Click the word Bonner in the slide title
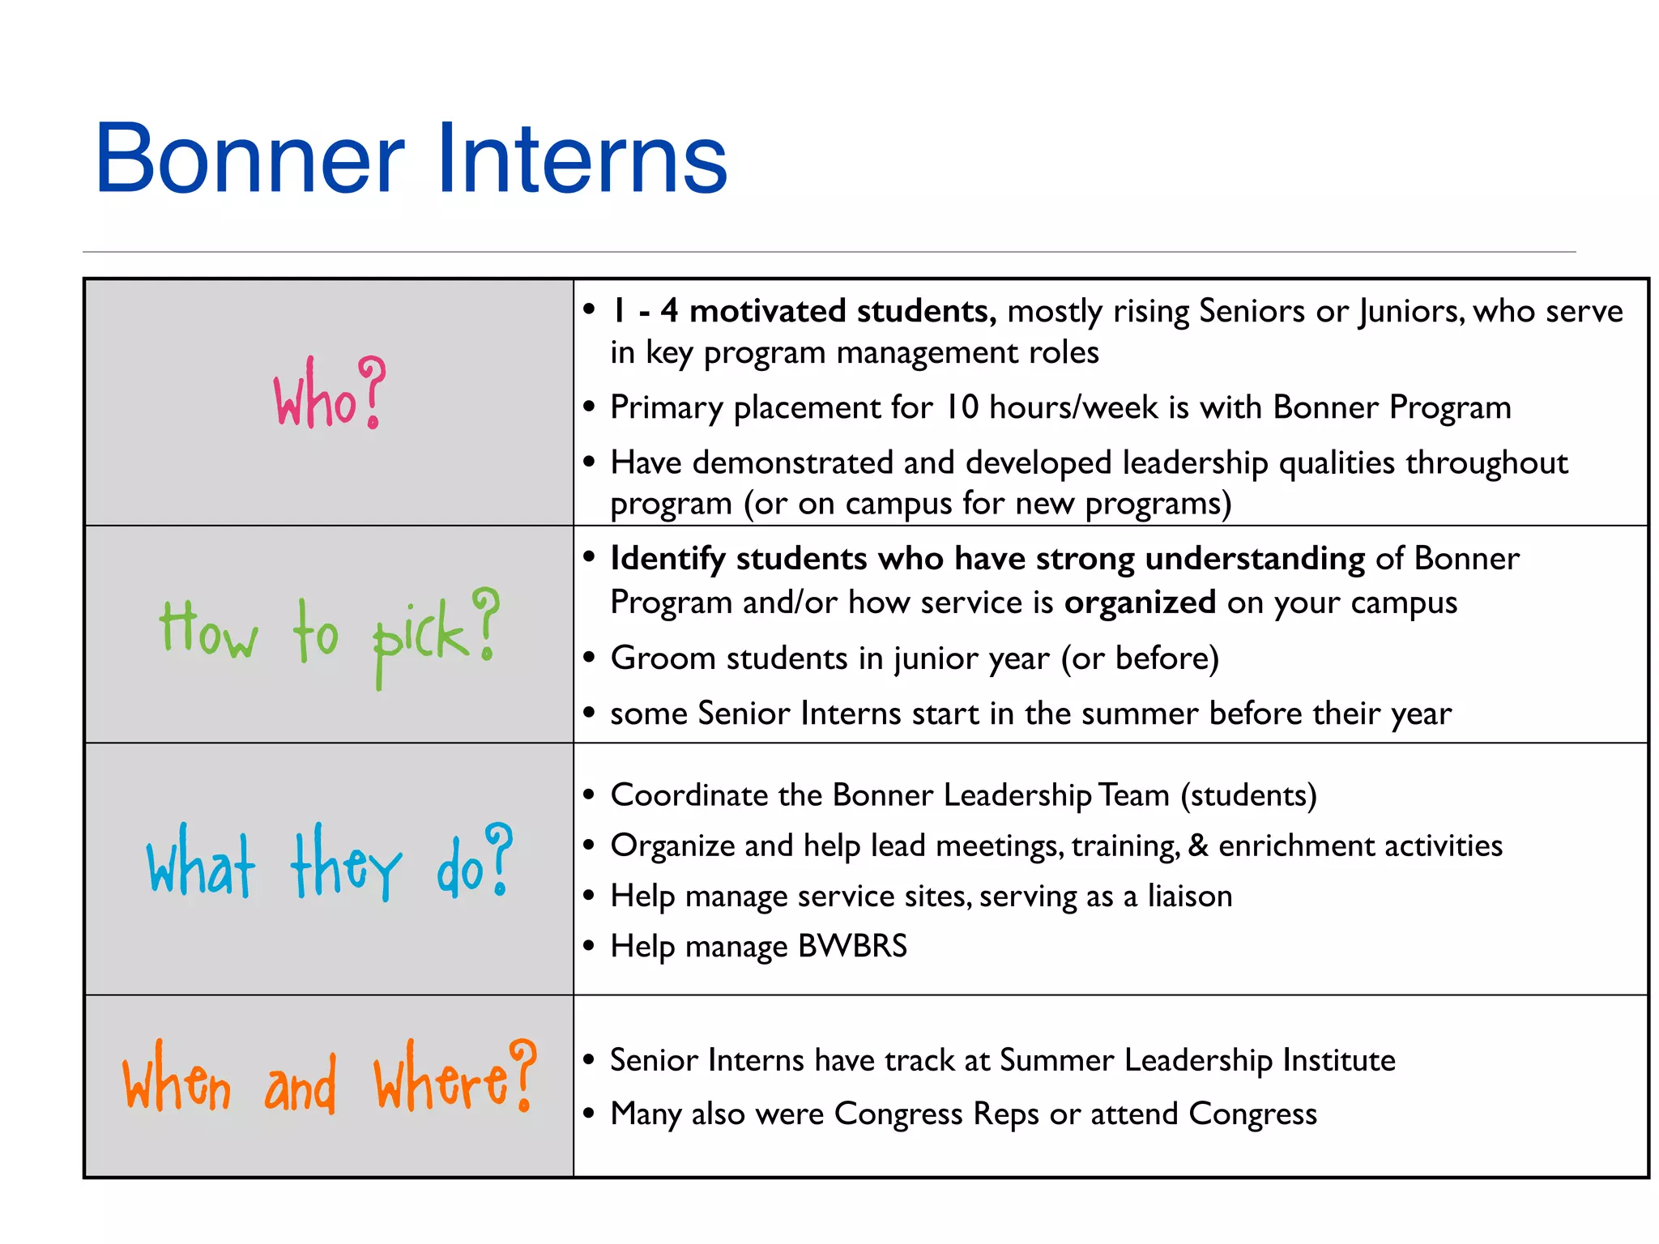pos(249,159)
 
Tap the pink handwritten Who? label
pos(329,395)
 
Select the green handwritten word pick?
pos(435,635)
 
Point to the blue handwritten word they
pos(346,863)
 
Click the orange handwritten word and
pos(300,1085)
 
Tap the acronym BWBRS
pos(852,946)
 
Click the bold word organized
pos(1139,603)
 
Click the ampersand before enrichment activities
pos(1198,846)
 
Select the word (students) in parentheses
pos(1248,795)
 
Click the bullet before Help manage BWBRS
pos(589,945)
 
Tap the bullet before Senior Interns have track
pos(589,1059)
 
